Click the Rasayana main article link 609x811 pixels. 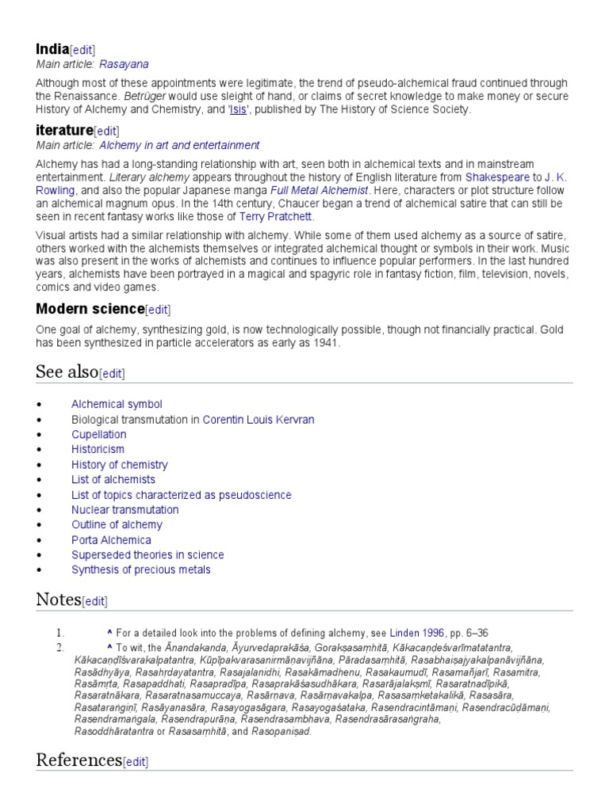(x=124, y=64)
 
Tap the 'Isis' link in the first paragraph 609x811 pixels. (x=238, y=109)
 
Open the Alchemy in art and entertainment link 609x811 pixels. (x=179, y=145)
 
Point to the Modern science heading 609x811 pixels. (x=90, y=308)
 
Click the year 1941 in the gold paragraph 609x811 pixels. (x=324, y=343)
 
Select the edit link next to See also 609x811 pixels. (x=112, y=373)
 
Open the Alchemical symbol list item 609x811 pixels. (x=117, y=404)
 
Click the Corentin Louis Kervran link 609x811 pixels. (x=259, y=419)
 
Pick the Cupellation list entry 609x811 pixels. (x=98, y=434)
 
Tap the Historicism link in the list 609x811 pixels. (x=98, y=449)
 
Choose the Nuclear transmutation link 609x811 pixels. (x=124, y=509)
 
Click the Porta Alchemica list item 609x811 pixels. (x=111, y=540)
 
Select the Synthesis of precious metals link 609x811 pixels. (x=141, y=569)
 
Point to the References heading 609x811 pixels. (x=79, y=760)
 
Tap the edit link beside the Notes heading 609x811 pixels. (x=95, y=601)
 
